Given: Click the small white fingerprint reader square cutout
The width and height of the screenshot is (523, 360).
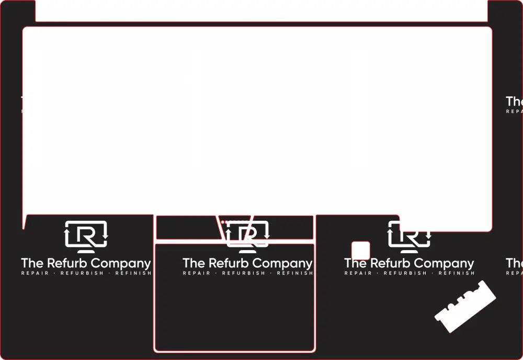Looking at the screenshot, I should [360, 250].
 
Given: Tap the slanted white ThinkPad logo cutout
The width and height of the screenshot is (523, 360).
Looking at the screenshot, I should [465, 307].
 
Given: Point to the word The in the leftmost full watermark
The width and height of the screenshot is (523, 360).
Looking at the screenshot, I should [32, 263].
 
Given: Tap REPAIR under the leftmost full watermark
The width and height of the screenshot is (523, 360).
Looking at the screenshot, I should [35, 273].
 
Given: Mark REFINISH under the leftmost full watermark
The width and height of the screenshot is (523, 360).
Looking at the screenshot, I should [133, 273].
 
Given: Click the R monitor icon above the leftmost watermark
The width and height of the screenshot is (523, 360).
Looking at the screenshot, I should [86, 236].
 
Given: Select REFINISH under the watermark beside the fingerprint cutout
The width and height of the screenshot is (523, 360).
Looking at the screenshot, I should [457, 273].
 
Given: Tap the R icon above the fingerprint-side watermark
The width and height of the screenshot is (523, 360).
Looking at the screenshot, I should [409, 235].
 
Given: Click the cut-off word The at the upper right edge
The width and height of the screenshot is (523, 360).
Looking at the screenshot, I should [514, 101].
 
